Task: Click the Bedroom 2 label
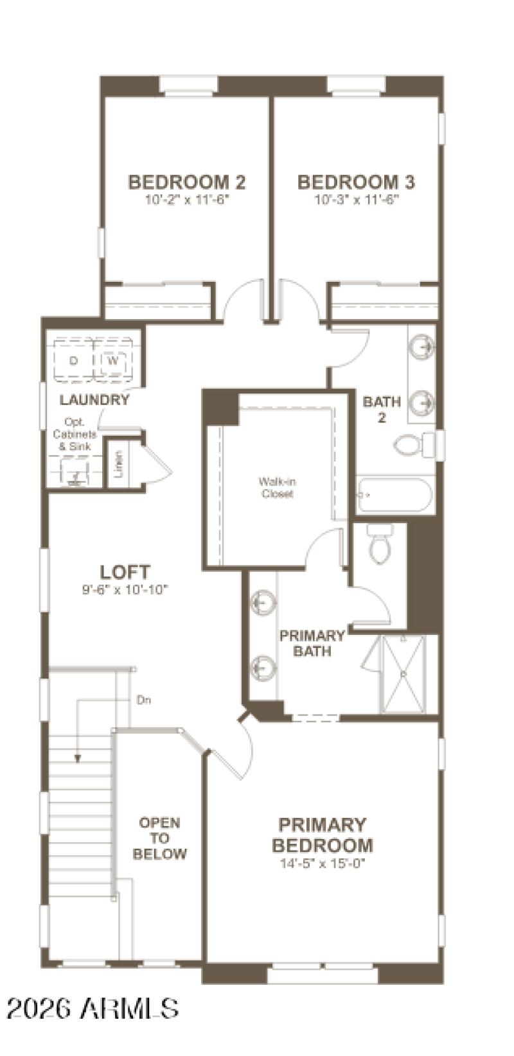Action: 186,182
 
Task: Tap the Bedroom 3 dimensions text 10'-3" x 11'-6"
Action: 357,200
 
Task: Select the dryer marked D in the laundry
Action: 73,361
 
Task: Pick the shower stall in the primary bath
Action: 403,674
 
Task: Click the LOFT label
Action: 125,571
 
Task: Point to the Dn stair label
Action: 144,700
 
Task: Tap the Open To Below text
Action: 160,838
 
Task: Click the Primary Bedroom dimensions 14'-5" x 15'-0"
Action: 322,863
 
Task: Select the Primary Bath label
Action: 312,643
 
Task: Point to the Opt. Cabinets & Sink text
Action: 76,435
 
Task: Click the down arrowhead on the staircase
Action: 78,757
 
